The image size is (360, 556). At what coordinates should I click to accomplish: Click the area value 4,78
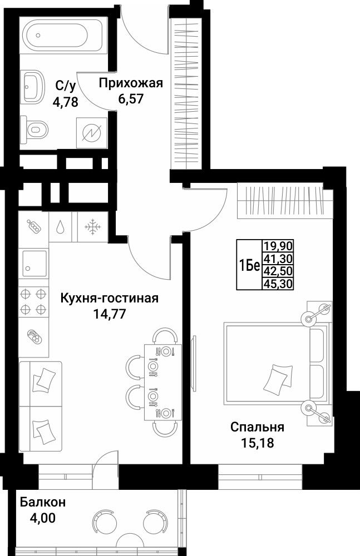click(65, 103)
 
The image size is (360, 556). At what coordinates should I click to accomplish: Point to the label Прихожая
click(131, 83)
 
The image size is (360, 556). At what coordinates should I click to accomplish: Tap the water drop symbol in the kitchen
click(61, 227)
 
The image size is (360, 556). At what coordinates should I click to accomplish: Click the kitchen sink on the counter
click(34, 263)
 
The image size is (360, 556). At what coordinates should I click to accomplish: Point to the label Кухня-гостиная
click(110, 298)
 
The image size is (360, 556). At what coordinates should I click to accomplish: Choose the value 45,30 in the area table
click(278, 284)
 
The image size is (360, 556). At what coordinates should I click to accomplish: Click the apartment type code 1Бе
click(250, 265)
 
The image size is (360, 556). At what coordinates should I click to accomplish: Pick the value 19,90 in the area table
click(278, 245)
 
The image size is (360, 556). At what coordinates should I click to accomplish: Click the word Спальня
click(258, 427)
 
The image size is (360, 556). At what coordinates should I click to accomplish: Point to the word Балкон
click(43, 502)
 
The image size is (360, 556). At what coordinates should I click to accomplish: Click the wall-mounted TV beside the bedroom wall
click(194, 364)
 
